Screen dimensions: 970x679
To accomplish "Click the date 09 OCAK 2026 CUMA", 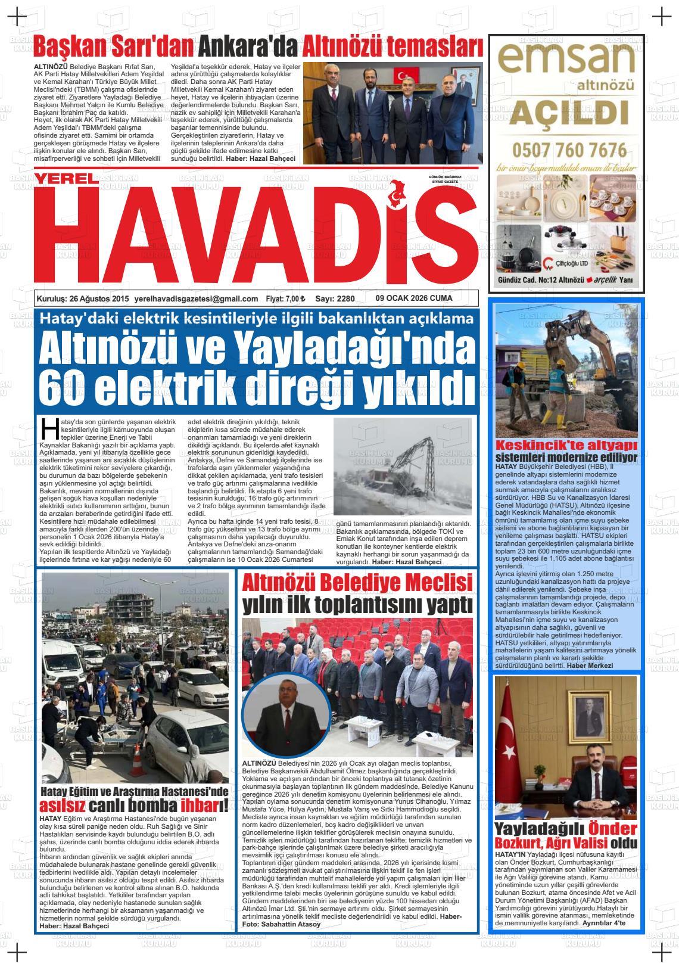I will tap(414, 299).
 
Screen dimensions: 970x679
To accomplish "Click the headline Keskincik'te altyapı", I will tap(566, 446).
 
